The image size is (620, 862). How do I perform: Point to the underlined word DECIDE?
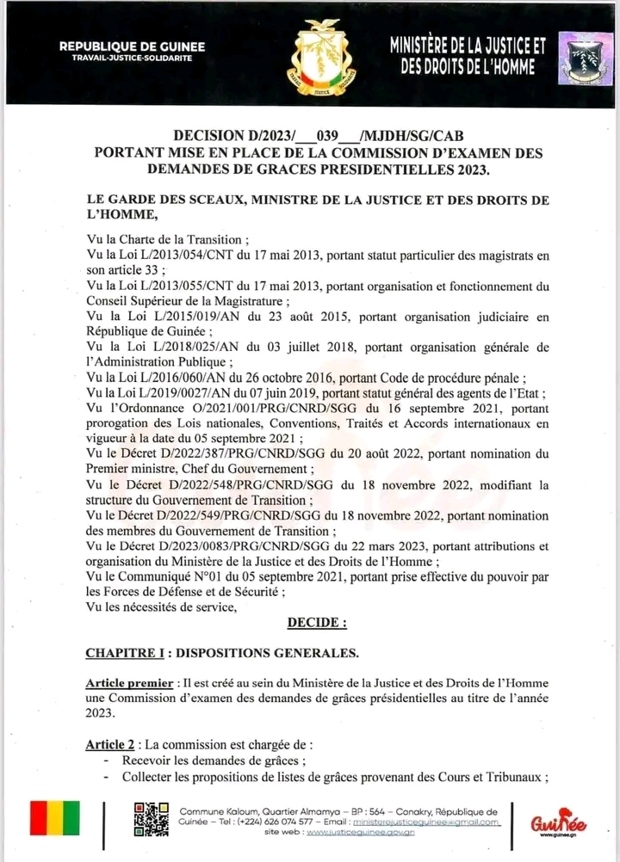click(x=317, y=621)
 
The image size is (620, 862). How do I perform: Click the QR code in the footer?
click(x=151, y=818)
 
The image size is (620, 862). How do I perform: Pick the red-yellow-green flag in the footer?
click(x=55, y=818)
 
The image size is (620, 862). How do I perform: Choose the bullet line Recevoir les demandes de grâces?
click(x=214, y=761)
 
